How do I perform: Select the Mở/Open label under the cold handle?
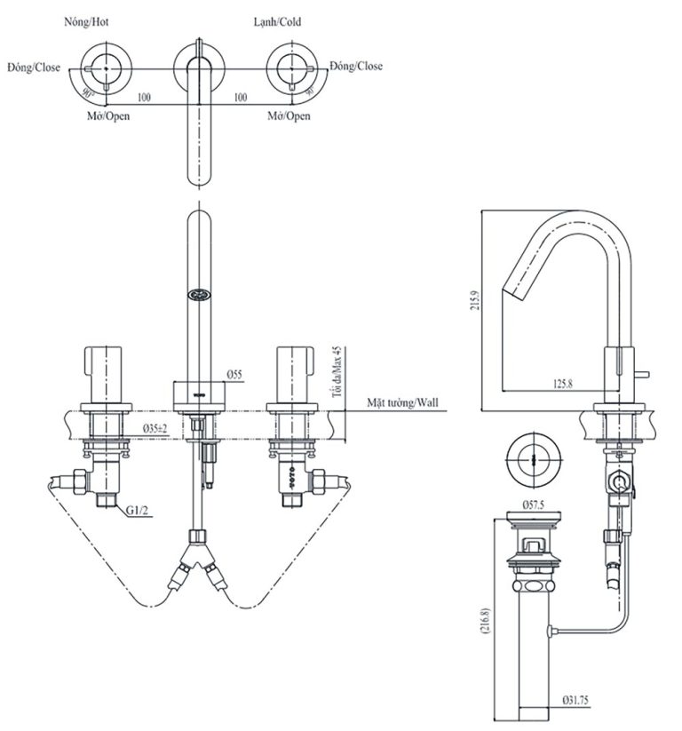coord(289,116)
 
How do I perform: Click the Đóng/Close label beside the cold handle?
coord(356,67)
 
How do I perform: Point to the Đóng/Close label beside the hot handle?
coord(33,67)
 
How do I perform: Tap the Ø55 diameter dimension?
coord(234,375)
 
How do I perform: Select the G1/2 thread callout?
coord(138,512)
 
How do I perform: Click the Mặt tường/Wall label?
coord(403,402)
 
